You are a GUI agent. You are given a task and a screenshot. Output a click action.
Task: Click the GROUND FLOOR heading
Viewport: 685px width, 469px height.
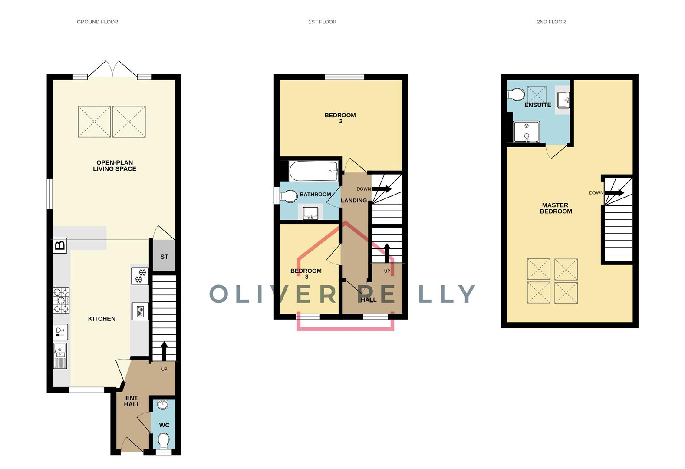(97, 22)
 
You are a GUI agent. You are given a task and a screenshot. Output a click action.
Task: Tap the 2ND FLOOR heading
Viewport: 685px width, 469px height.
(551, 22)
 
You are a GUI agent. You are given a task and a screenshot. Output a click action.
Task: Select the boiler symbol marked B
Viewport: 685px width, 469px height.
(60, 246)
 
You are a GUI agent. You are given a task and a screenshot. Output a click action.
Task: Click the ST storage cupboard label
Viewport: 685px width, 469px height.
(164, 257)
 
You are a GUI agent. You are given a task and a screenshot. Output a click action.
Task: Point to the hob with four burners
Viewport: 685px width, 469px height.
(61, 301)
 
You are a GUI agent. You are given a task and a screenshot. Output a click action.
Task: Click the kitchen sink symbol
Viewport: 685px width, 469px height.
(60, 355)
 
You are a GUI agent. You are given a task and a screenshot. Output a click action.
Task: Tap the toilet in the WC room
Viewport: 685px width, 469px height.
(164, 441)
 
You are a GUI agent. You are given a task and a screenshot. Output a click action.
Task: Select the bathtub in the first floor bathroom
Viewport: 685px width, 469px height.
(313, 172)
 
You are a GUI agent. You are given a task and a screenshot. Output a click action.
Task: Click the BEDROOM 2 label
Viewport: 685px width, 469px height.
(340, 118)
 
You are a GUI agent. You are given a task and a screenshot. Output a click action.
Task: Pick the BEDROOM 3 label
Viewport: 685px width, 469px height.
(306, 274)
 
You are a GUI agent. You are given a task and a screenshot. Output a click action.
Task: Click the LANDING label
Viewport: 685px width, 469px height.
(354, 201)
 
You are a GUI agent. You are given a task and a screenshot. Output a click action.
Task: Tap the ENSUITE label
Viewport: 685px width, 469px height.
(537, 105)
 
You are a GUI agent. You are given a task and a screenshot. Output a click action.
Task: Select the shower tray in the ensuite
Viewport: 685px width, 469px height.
(526, 132)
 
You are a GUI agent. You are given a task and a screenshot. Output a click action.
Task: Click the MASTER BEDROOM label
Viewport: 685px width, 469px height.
(556, 208)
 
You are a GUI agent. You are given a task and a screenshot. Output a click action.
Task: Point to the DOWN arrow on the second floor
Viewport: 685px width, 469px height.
(614, 193)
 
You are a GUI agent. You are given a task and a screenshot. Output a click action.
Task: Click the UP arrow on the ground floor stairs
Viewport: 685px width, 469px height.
(164, 351)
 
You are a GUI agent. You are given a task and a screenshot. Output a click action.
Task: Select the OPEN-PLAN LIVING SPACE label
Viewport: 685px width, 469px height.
(115, 166)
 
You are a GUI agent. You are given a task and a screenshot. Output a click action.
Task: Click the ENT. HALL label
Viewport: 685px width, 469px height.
(132, 401)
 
